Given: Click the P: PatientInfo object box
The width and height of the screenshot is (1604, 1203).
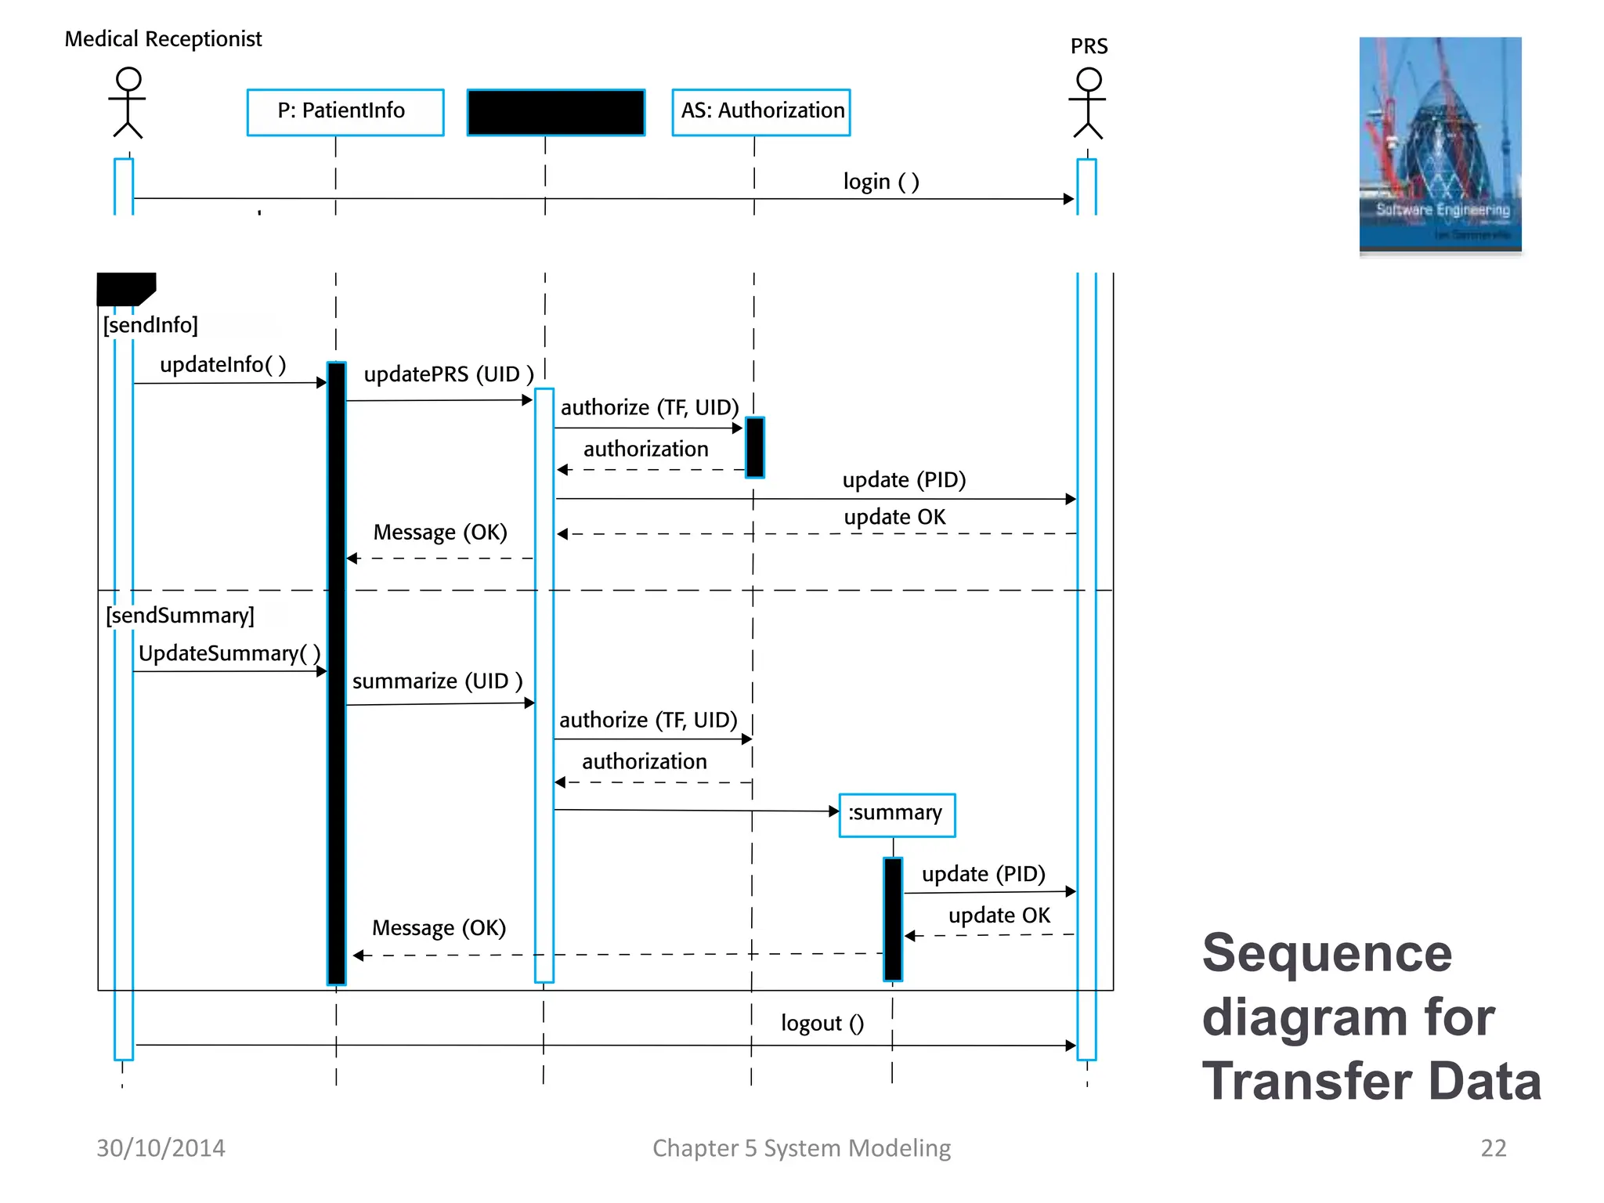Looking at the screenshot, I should pos(345,112).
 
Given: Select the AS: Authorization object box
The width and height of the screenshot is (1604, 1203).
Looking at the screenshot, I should pos(760,112).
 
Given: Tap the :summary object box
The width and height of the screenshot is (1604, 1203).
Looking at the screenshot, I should pos(896,815).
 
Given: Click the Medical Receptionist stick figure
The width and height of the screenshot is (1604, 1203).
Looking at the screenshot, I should pos(128,103).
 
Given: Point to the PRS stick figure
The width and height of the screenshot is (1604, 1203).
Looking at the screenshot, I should pos(1088,103).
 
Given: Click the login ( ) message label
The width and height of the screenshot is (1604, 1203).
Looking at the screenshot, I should pos(880,182).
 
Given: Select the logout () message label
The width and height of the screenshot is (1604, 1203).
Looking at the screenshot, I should pos(822,1023).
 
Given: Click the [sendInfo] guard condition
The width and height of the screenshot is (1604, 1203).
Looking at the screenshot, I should pos(150,325).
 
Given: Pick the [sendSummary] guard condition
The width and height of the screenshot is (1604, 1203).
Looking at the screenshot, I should pos(180,616).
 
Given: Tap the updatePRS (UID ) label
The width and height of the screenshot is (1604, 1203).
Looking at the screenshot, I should pos(448,374).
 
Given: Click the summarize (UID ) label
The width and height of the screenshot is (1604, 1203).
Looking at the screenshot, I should pos(437,681).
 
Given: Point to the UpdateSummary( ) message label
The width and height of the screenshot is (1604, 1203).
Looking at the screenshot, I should pos(229,654).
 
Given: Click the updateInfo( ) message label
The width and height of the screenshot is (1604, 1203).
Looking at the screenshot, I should pos(222,365).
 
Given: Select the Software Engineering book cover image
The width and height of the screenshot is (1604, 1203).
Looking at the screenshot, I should pos(1440,145).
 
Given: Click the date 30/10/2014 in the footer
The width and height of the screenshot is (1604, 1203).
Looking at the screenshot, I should pos(161,1148).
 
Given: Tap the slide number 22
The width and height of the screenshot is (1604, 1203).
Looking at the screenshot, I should pos(1493,1148).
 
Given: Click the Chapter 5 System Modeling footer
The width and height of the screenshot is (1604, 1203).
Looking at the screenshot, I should pos(801,1148).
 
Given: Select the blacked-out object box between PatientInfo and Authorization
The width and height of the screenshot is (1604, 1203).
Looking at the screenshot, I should pos(555,112).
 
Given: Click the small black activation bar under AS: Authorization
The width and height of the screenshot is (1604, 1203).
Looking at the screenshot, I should pos(754,447).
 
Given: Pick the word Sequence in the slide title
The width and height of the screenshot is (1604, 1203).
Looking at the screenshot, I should pos(1326,953).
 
